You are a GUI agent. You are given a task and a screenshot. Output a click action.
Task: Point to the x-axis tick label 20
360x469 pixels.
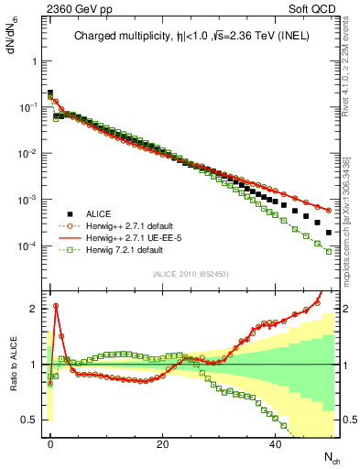(x=162, y=442)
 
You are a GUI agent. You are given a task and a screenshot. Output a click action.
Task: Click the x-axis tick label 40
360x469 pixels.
(x=275, y=442)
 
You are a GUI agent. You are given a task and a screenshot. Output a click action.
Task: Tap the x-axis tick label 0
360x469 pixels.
(x=50, y=442)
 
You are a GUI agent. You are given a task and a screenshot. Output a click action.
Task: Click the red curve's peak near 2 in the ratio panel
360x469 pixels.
(x=56, y=306)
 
